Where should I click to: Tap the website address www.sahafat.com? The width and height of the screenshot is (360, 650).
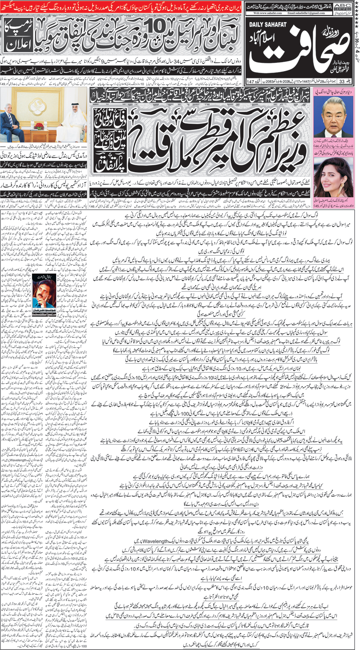point(267,13)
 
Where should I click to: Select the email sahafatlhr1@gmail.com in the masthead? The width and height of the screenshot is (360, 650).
point(306,13)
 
